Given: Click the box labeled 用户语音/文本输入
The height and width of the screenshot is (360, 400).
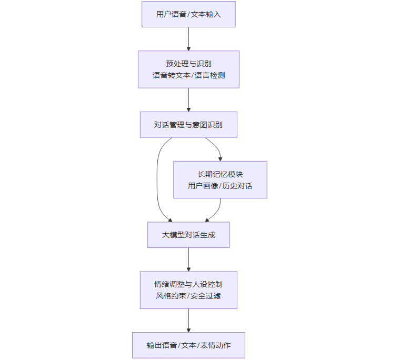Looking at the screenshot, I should coord(188,14).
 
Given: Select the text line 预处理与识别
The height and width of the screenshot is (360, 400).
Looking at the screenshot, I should coord(188,64).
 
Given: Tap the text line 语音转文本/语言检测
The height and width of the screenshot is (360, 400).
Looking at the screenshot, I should coord(188,75).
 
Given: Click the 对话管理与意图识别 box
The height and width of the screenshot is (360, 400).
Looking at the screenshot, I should coord(188,125).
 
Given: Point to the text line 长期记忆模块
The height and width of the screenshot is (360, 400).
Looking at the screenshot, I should coord(220,174).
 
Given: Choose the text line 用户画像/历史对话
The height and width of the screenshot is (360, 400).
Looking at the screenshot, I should coord(220,186).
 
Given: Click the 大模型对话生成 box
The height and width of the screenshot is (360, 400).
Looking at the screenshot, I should coord(188,235).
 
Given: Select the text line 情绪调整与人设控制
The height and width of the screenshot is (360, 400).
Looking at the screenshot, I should coord(188,284).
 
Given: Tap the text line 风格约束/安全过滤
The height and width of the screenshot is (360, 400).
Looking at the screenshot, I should coord(188,296).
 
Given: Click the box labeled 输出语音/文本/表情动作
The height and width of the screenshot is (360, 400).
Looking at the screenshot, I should coord(188,345).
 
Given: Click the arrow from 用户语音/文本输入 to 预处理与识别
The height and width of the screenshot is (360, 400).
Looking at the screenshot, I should coord(188,39).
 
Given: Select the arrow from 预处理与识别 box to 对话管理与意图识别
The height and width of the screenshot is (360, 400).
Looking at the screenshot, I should coord(188,100).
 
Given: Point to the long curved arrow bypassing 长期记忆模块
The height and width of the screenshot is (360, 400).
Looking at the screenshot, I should coord(157,179).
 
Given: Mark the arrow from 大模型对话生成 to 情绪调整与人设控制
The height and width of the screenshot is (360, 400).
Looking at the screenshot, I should coord(188,259).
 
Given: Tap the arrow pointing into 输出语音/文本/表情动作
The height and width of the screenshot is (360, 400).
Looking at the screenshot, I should coord(188,321).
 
